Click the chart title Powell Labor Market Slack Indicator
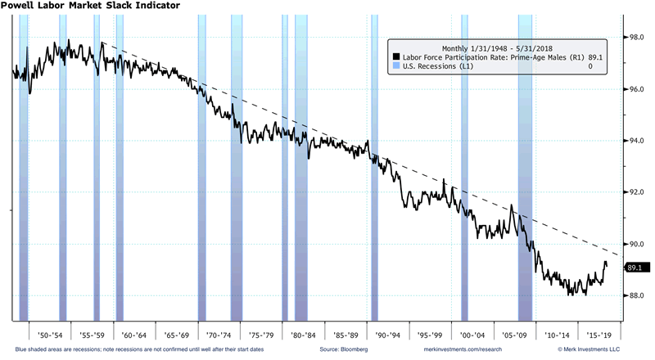90,6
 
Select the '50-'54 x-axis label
42,335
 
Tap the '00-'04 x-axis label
472,335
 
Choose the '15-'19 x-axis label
597,335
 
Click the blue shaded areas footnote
123,350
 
